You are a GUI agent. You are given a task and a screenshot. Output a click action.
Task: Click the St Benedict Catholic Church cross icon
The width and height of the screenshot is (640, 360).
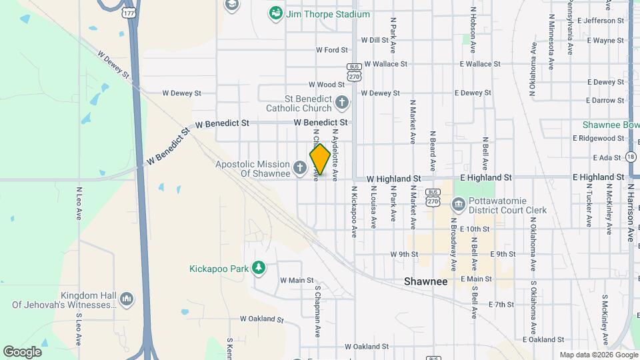pyautogui.click(x=342, y=103)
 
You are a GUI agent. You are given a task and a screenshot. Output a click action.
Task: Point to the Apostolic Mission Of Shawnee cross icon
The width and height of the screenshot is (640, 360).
pyautogui.click(x=301, y=165)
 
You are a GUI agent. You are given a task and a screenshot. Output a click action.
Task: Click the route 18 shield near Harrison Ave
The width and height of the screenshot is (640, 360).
pyautogui.click(x=631, y=156)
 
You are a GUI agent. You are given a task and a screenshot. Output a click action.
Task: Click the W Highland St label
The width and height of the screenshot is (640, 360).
pyautogui.click(x=393, y=179)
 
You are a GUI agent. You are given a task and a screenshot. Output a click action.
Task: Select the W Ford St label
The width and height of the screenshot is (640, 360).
pyautogui.click(x=331, y=50)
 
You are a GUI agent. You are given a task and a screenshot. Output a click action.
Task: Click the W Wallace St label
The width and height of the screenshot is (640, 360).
pyautogui.click(x=385, y=64)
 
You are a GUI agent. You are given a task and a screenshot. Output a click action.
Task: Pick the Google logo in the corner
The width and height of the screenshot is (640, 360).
pyautogui.click(x=22, y=351)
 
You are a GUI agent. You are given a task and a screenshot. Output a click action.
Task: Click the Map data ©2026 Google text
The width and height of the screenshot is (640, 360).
pyautogui.click(x=597, y=355)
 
